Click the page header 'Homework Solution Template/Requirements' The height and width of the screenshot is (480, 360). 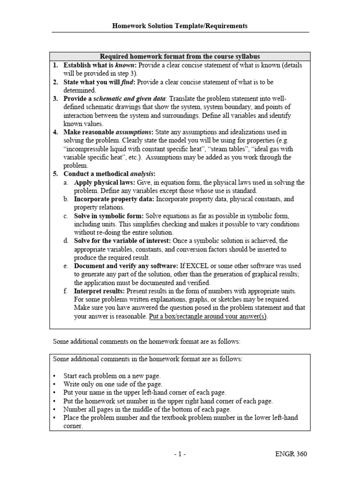pyautogui.click(x=180, y=26)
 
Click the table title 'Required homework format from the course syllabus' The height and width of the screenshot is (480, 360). pyautogui.click(x=180, y=56)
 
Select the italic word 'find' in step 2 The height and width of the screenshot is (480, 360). pyautogui.click(x=127, y=82)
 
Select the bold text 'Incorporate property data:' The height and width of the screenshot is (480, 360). pyautogui.click(x=114, y=199)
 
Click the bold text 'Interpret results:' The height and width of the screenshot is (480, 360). pyautogui.click(x=99, y=292)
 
